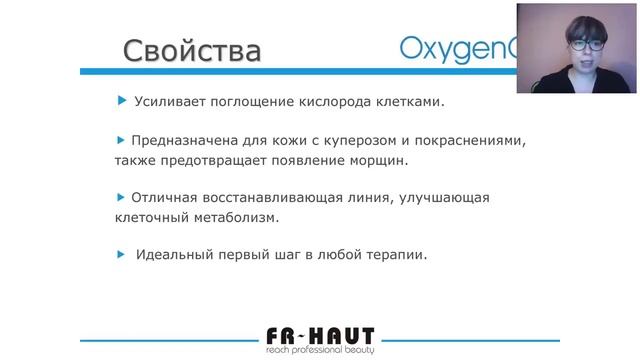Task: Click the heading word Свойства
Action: coord(191,50)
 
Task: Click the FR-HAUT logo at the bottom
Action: coord(319,335)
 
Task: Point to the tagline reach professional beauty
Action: coord(319,350)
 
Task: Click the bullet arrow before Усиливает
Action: coord(122,100)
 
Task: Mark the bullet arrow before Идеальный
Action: coord(122,253)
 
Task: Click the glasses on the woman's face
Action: coord(585,44)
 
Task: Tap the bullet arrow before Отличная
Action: coord(122,196)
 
